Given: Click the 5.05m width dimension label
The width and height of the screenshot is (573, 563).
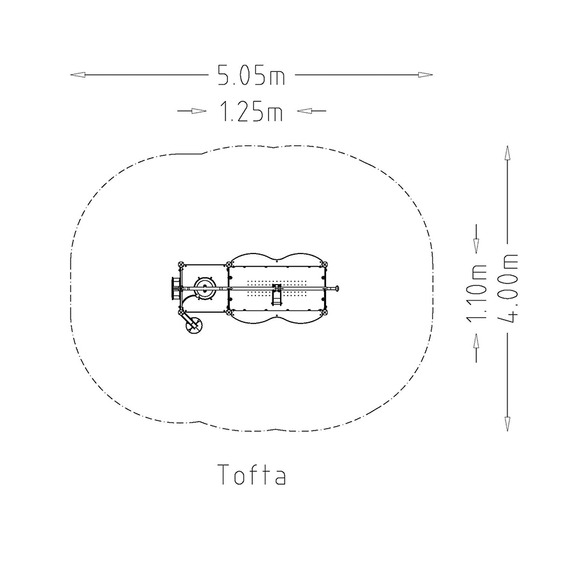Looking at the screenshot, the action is (x=251, y=75).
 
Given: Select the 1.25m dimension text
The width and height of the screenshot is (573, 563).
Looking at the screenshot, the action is (x=251, y=111).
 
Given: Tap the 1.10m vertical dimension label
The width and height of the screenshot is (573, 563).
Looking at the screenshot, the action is (x=476, y=293).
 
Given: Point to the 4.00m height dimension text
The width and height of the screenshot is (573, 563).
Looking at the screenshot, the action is (x=507, y=288).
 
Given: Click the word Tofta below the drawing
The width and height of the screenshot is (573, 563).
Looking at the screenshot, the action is (x=251, y=474).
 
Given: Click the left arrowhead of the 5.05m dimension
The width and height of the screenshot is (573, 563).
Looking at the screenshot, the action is (x=78, y=75).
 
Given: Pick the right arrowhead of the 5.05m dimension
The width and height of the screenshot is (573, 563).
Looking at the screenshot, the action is (x=425, y=75).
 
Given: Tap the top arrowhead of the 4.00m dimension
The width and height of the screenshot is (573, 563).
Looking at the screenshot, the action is (x=507, y=153).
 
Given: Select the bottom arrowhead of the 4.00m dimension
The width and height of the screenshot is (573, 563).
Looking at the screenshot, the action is (x=507, y=424).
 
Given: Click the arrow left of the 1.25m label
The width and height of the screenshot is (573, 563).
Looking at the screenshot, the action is (x=192, y=111).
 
